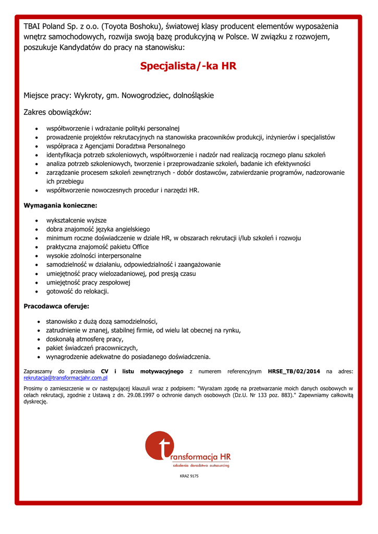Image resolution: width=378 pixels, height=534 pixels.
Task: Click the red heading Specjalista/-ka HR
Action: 188,66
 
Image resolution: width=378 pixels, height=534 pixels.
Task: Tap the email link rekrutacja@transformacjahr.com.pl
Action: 66,378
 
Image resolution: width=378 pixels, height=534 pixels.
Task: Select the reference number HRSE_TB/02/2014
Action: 294,371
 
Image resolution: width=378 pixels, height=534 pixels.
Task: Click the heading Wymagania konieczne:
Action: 60,205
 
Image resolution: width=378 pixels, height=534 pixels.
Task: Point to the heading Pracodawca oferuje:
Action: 56,306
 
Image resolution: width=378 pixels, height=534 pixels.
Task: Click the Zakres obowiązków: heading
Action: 57,112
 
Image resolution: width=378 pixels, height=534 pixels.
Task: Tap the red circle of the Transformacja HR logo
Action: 158,446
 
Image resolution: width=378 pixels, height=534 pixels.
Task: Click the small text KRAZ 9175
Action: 189,476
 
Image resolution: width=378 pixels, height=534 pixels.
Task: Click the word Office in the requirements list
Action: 140,247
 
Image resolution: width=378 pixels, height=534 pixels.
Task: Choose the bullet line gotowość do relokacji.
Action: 77,291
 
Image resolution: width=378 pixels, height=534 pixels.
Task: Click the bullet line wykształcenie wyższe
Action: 77,220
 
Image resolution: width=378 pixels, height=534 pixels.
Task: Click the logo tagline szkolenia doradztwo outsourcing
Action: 201,465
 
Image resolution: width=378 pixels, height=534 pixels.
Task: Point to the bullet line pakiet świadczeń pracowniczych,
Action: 92,348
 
